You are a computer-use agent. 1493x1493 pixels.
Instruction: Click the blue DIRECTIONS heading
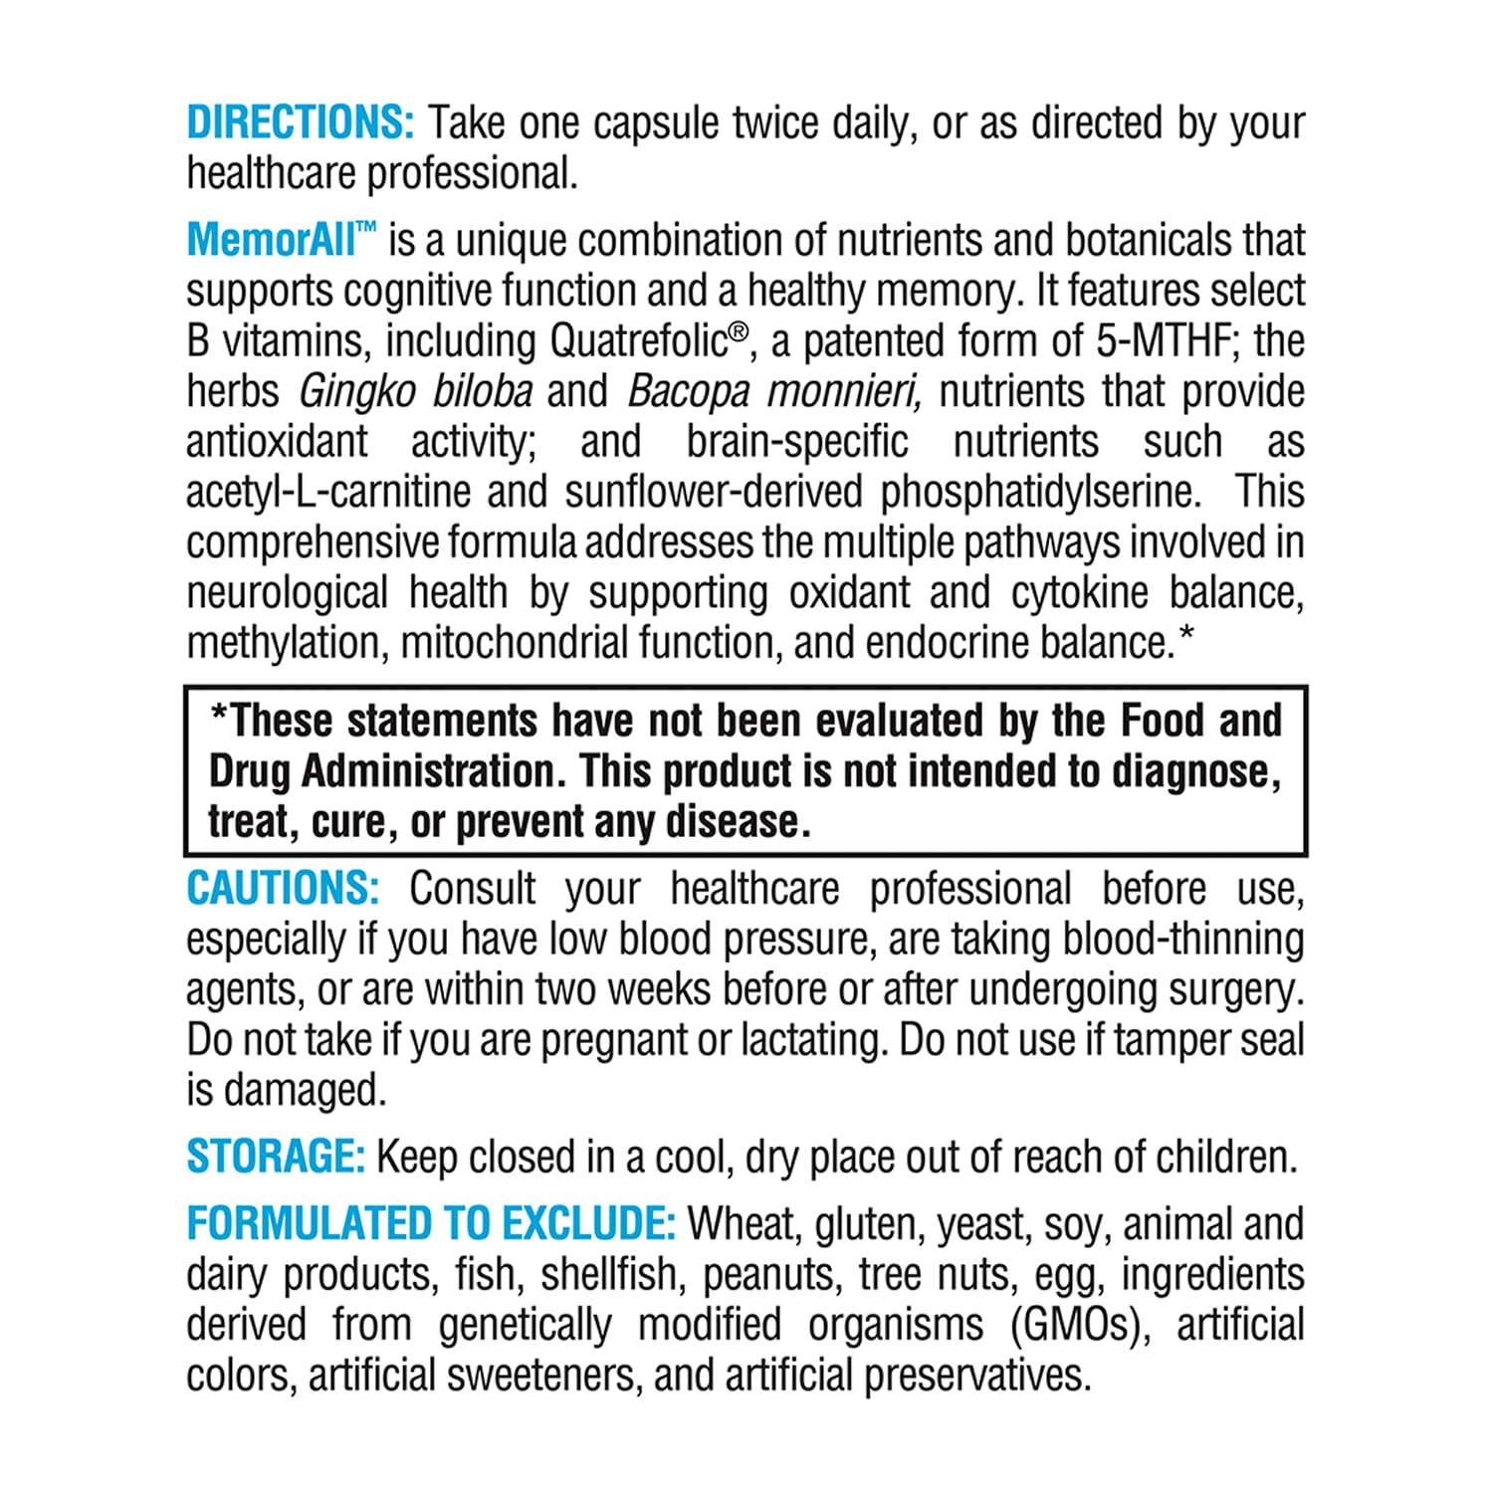pyautogui.click(x=300, y=123)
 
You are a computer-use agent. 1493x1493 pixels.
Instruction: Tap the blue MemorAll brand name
pyautogui.click(x=271, y=241)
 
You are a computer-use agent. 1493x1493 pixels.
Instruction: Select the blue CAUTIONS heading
pyautogui.click(x=283, y=889)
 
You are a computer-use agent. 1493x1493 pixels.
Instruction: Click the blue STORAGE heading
pyautogui.click(x=276, y=1157)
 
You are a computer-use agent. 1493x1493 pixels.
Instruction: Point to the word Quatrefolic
pyautogui.click(x=638, y=341)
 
